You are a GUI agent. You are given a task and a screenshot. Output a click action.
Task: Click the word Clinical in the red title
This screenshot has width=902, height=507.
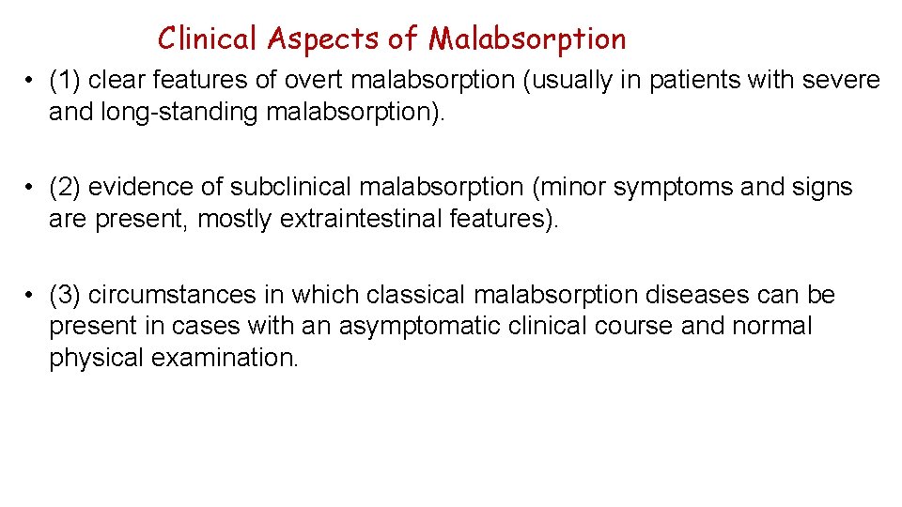[207, 38]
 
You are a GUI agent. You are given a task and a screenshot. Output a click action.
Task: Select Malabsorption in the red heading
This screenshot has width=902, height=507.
[527, 38]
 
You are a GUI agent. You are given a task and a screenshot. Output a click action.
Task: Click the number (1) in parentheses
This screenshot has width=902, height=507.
[67, 81]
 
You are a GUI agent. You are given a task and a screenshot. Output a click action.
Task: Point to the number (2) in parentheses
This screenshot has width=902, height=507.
[67, 188]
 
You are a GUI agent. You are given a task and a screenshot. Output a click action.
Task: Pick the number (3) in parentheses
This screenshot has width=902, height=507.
[67, 295]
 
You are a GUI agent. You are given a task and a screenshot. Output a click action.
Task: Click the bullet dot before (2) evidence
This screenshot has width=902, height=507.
[30, 188]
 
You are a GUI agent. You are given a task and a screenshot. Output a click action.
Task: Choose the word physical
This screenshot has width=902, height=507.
[94, 359]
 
